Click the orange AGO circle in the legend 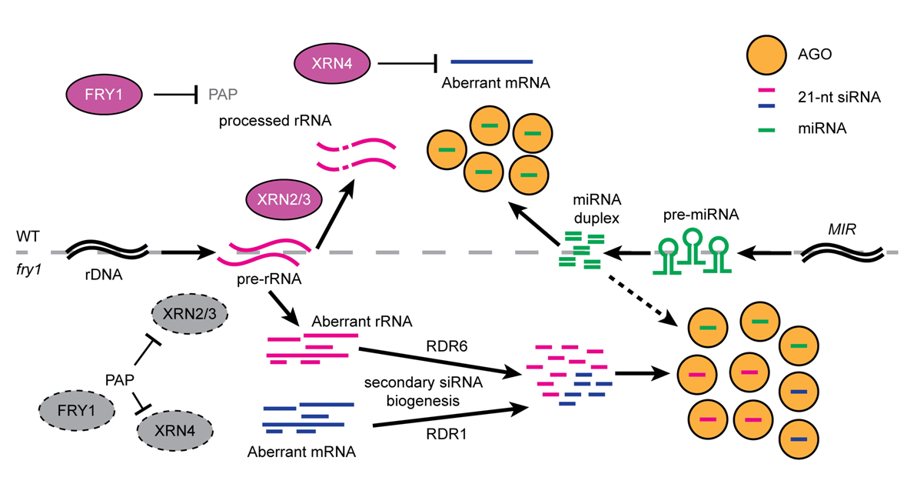pyautogui.click(x=766, y=54)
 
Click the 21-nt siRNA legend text pyautogui.click(x=843, y=98)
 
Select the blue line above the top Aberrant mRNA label pyautogui.click(x=492, y=61)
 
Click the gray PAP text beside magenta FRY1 pyautogui.click(x=223, y=95)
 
